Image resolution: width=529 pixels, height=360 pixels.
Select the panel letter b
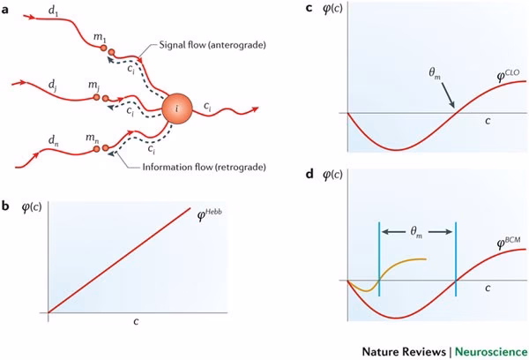point(8,206)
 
